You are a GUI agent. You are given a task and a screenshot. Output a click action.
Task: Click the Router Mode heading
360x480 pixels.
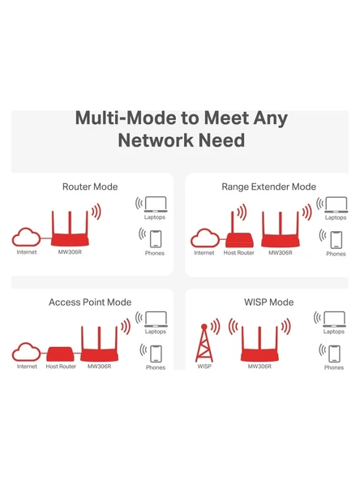pyautogui.click(x=90, y=186)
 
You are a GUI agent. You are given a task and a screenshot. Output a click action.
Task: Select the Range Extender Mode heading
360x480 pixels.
pyautogui.click(x=268, y=186)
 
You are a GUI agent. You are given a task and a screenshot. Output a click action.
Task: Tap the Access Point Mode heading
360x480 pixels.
pyautogui.click(x=90, y=302)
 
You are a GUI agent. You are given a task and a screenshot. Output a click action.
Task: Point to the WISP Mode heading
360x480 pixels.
pyautogui.click(x=268, y=302)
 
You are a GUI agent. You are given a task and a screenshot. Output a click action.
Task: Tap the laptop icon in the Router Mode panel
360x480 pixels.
pyautogui.click(x=155, y=204)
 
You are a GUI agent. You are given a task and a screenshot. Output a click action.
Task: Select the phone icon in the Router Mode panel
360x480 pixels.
pyautogui.click(x=155, y=238)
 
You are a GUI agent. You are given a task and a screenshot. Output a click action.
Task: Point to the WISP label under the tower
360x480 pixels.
pyautogui.click(x=204, y=366)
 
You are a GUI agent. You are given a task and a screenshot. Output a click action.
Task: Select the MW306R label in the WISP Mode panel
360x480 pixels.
pyautogui.click(x=259, y=366)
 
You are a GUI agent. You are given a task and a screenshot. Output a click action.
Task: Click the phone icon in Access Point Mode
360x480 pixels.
pyautogui.click(x=155, y=353)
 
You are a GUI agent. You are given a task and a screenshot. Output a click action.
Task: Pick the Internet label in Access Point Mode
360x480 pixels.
pyautogui.click(x=27, y=366)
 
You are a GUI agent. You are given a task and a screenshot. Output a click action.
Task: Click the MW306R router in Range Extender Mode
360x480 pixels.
pyautogui.click(x=280, y=231)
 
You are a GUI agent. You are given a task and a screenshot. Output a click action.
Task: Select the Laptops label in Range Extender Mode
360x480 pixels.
pyautogui.click(x=335, y=218)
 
